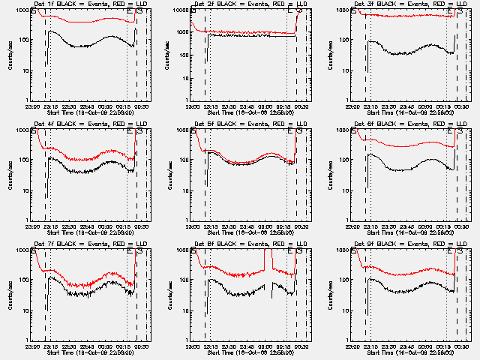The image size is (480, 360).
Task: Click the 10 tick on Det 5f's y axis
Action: coord(183,190)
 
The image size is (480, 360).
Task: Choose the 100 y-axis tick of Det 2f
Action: coord(181,40)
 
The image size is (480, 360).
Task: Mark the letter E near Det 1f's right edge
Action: coord(130,12)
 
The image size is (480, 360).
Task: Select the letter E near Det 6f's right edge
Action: coord(451,132)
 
